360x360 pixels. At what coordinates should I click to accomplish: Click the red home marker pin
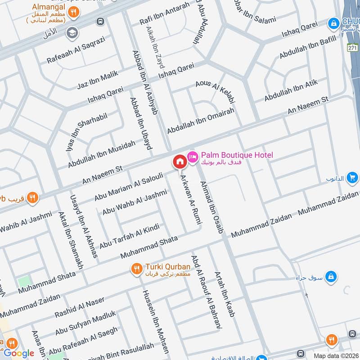click(180, 161)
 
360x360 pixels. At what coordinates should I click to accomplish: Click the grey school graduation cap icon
click(71, 33)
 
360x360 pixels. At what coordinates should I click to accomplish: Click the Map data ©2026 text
click(335, 355)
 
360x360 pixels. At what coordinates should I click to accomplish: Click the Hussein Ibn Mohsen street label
click(156, 321)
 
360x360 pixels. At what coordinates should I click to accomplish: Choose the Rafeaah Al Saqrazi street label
click(76, 49)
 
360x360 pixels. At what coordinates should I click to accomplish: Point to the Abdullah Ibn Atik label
click(291, 90)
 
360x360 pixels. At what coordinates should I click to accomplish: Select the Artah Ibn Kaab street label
click(225, 294)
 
